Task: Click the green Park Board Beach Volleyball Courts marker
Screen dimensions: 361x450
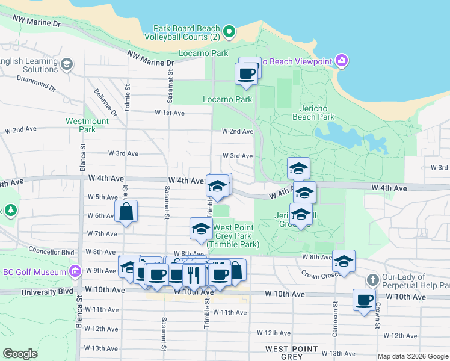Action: click(x=229, y=31)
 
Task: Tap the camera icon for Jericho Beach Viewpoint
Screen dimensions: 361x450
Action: click(x=342, y=61)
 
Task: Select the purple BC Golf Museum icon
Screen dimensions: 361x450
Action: click(x=75, y=272)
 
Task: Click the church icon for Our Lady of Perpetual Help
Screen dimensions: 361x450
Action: click(x=372, y=280)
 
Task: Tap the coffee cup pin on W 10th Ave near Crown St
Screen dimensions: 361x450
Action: click(x=364, y=300)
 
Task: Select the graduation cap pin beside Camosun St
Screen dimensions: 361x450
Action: click(x=344, y=261)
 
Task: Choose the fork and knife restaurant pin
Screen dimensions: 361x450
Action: click(x=194, y=274)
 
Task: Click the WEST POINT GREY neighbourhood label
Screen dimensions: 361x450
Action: click(x=293, y=353)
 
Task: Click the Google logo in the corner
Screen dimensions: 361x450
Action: click(x=20, y=354)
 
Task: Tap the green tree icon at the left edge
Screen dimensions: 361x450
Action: click(x=10, y=210)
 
